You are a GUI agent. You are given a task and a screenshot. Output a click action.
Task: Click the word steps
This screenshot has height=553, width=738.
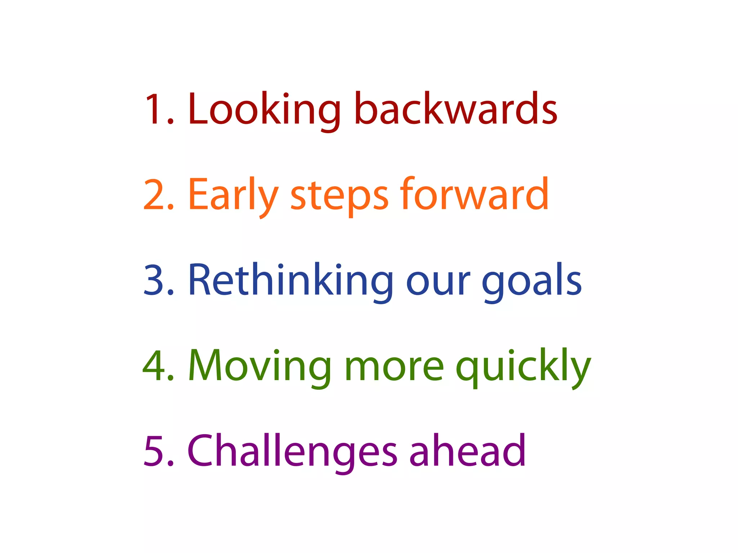339,197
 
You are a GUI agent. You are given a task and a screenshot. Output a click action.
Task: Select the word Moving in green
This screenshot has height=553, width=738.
259,367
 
